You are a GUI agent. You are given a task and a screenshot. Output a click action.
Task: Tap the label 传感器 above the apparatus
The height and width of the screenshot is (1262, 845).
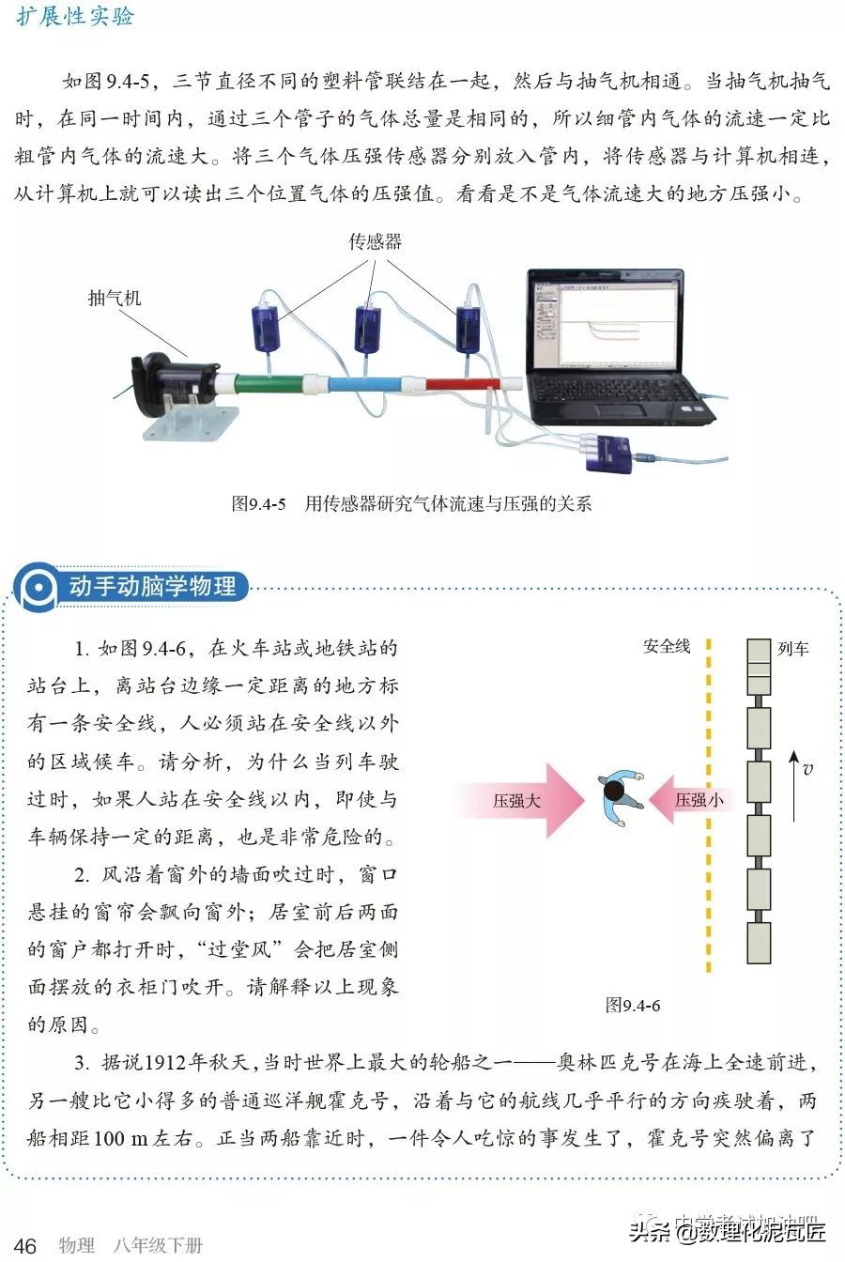[x=376, y=241]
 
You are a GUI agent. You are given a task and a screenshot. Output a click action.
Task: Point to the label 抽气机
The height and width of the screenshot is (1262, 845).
[x=115, y=298]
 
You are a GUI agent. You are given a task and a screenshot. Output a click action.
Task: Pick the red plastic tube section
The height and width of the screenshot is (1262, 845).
[x=461, y=383]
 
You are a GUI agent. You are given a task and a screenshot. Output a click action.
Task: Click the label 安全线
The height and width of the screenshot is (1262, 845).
[x=666, y=647]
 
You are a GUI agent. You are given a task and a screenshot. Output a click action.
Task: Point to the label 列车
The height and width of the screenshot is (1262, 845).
[x=793, y=648]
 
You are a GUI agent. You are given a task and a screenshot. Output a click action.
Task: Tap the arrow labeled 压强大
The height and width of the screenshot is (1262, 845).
[x=522, y=801]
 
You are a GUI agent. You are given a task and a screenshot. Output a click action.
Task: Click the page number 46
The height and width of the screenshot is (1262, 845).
[x=25, y=1246]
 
